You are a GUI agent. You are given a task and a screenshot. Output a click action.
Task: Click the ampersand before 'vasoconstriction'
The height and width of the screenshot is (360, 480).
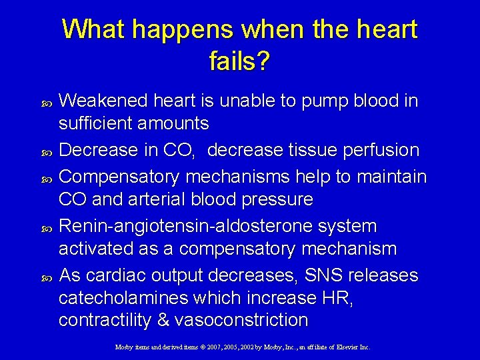(163, 321)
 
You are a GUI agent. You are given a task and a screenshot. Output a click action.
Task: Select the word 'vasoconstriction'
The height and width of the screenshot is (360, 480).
(241, 321)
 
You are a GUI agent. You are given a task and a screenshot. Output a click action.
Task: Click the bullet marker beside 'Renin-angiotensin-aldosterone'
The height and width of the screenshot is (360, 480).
(46, 227)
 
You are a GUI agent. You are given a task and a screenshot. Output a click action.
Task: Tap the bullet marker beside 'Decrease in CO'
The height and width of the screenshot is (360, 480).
(46, 151)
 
